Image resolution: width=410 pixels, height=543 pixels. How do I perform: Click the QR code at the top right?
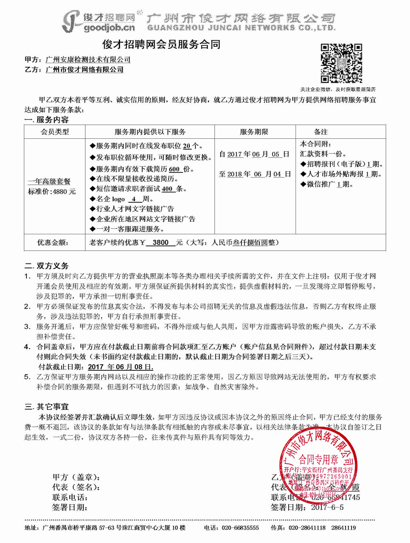(x=341, y=63)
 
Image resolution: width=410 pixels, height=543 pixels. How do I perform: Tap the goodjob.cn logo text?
(x=109, y=28)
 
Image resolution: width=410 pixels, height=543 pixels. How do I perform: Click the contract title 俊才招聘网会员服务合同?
(x=161, y=44)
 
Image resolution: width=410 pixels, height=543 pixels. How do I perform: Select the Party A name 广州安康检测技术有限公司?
(x=88, y=60)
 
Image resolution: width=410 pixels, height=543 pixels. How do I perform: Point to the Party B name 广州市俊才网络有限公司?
(x=84, y=70)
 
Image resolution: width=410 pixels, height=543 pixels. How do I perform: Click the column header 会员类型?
(x=55, y=132)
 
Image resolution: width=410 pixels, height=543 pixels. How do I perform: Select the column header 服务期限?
(x=254, y=132)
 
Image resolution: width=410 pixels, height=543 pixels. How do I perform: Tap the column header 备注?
(x=321, y=132)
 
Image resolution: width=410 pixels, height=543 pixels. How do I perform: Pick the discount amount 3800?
(x=161, y=242)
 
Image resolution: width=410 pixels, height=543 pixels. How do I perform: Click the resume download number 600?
(x=174, y=169)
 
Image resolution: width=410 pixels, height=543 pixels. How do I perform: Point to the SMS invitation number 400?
(x=167, y=189)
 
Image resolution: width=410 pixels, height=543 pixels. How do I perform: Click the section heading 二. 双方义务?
(x=46, y=266)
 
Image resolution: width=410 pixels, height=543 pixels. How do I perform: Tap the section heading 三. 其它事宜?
(x=46, y=407)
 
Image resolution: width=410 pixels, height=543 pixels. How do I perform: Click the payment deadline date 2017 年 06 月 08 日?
(x=121, y=367)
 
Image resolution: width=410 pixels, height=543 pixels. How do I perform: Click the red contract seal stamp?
(x=318, y=464)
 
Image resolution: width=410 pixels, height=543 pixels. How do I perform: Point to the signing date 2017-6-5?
(x=327, y=507)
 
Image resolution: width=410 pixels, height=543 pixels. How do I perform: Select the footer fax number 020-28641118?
(x=307, y=528)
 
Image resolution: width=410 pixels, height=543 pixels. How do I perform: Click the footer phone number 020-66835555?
(x=240, y=528)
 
